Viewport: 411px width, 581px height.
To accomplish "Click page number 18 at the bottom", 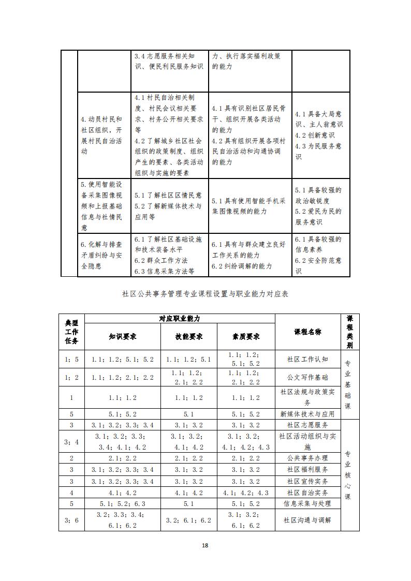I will (x=205, y=545).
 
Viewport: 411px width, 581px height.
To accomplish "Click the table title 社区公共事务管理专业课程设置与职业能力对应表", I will (x=205, y=294).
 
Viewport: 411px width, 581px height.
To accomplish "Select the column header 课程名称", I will (x=307, y=332).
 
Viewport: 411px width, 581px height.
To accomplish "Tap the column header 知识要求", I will (x=123, y=336).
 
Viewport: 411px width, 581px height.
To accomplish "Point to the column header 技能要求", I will (x=189, y=336).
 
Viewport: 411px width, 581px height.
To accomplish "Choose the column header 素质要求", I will (x=246, y=336).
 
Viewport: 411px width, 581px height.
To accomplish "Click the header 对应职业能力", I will (x=180, y=319).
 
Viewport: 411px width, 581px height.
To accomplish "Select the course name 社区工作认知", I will (x=307, y=359).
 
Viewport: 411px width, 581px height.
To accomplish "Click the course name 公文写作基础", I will (x=307, y=377).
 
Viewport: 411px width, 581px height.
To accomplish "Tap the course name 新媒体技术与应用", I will (x=307, y=414).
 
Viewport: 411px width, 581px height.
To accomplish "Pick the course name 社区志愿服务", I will (x=307, y=425).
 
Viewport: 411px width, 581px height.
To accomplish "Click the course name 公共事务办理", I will (x=307, y=458).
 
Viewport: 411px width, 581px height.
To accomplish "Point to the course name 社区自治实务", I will (x=307, y=493).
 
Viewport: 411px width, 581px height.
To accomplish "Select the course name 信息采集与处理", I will (x=307, y=503).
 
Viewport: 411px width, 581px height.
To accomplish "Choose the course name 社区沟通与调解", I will (x=307, y=520).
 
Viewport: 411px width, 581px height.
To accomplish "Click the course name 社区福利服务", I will (x=307, y=470).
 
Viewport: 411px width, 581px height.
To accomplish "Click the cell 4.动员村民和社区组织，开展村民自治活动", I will (x=102, y=135).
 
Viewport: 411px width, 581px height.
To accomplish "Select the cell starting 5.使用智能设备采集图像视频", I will (x=102, y=205).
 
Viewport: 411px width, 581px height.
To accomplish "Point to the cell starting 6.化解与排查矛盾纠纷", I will (x=102, y=255).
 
